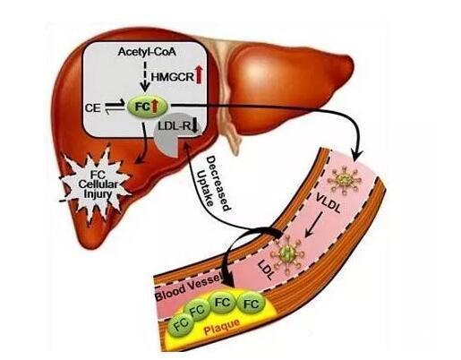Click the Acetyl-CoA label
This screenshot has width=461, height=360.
coord(147,52)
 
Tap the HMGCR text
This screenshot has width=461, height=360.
coord(173,77)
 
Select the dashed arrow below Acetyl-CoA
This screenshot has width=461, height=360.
coord(145,76)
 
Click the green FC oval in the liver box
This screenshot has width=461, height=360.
coord(148,107)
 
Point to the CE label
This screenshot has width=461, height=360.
coord(92,107)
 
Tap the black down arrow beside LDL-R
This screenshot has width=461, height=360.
coord(194,125)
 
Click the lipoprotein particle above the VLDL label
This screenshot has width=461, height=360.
coord(346,180)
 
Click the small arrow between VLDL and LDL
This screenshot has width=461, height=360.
coord(313,225)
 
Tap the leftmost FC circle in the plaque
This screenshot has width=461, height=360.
coord(180,324)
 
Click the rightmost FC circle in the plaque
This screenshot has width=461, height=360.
coord(251,304)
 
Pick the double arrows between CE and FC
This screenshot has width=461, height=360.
coord(115,107)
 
